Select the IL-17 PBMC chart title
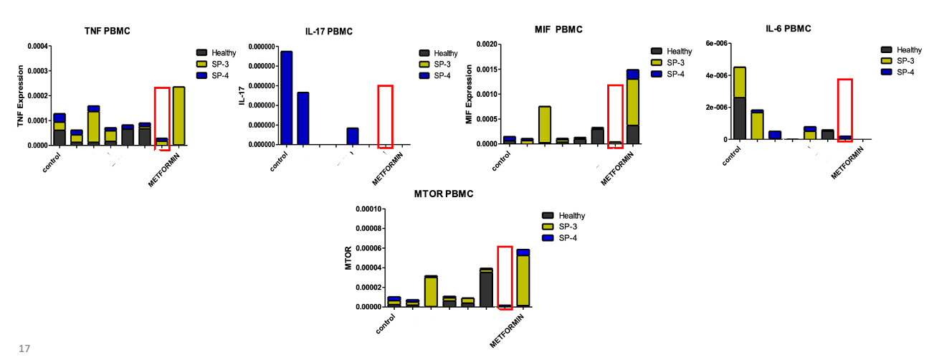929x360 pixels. [x=328, y=31]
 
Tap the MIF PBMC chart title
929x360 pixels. [x=558, y=29]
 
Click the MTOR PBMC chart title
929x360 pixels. [x=444, y=194]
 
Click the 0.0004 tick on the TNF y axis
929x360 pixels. [x=38, y=47]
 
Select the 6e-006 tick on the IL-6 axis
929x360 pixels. [x=717, y=44]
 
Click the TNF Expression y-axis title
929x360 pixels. [x=21, y=96]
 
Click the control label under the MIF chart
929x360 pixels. [x=504, y=159]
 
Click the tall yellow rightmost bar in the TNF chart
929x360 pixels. [x=178, y=115]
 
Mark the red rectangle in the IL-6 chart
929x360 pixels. [x=845, y=110]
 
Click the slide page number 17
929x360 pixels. [x=24, y=349]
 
